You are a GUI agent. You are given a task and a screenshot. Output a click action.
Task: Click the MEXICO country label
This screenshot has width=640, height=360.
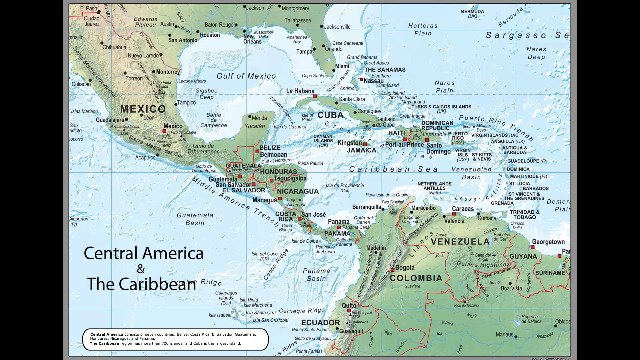[x=141, y=107]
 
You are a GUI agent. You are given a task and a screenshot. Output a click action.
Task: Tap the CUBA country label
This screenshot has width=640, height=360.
[x=330, y=115]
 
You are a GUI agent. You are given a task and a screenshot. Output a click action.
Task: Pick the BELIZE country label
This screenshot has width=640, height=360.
[x=270, y=147]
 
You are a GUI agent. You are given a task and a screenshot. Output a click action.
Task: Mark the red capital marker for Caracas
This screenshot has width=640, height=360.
[x=453, y=212]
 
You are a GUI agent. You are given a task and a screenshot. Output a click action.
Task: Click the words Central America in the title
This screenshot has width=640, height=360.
[x=144, y=253]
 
